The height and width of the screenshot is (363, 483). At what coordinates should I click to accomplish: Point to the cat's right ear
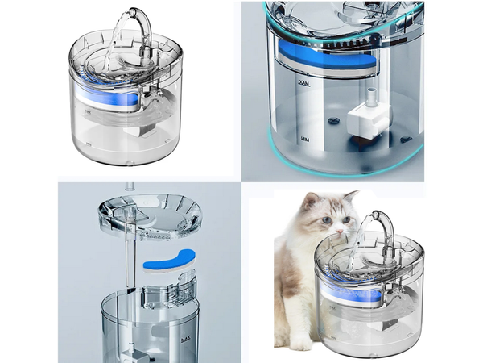[x=350, y=196]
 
